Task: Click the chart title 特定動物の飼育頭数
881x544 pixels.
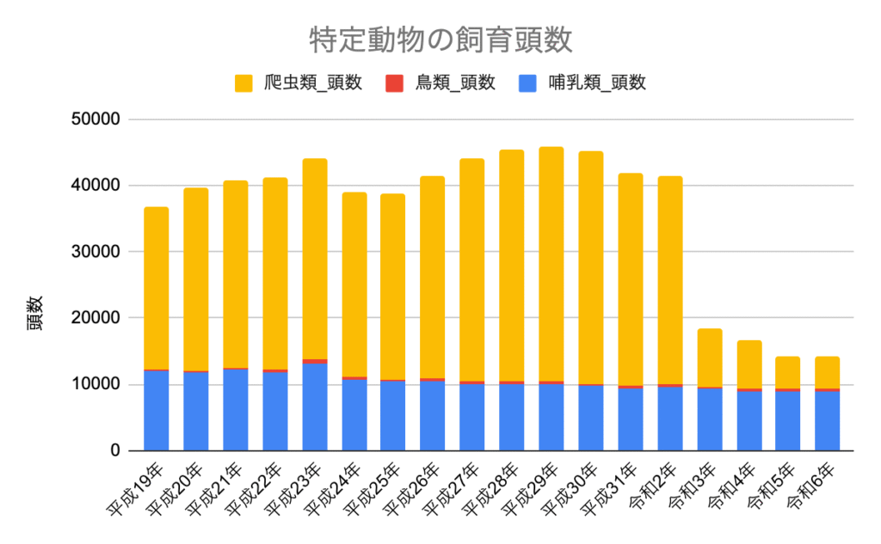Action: coord(440,40)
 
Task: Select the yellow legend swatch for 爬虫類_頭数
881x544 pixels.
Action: coord(243,83)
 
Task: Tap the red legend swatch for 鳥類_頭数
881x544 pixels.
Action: coord(394,83)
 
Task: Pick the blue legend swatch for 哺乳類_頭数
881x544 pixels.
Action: coord(527,83)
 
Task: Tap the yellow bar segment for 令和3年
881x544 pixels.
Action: coord(710,358)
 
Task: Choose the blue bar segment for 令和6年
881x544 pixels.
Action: coord(828,421)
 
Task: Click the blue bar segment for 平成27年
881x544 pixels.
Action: coord(472,417)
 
